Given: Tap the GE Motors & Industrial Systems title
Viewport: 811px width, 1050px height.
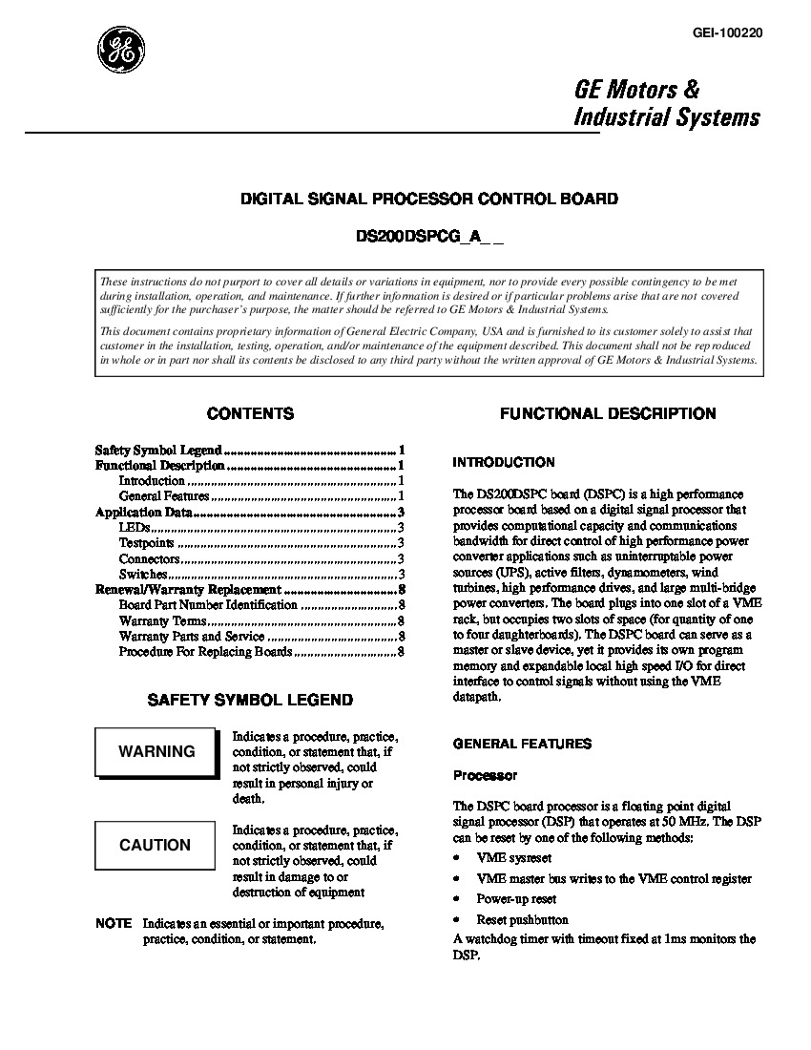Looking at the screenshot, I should (666, 103).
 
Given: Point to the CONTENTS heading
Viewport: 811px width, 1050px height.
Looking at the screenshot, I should (250, 414).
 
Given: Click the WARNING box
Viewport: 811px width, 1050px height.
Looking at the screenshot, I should (156, 751).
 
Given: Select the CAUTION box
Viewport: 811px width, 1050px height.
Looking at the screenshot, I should (155, 845).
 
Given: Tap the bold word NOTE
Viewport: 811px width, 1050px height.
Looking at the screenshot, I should (114, 924).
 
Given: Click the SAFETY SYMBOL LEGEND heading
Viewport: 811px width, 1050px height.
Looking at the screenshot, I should (250, 700).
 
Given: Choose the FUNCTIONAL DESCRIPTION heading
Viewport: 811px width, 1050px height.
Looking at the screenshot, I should (608, 414).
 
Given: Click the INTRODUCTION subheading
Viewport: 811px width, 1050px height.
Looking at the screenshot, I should (503, 462).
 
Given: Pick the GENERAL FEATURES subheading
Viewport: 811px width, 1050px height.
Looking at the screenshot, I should (522, 744).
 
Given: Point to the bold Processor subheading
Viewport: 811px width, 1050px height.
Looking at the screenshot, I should (485, 775).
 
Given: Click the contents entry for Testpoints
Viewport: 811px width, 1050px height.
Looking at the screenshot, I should (146, 543).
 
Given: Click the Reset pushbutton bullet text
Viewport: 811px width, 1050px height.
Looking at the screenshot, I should (516, 919).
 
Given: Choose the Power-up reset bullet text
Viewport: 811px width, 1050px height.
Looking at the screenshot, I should (516, 899).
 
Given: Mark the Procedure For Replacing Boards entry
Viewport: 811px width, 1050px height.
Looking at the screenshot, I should (205, 652).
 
